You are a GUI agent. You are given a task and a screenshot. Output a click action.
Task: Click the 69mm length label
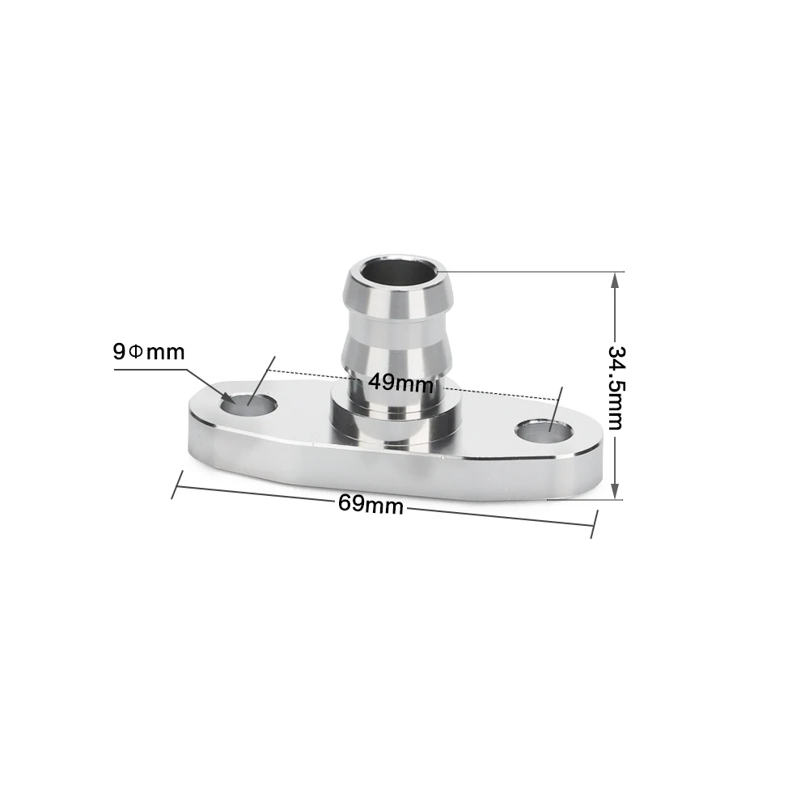(371, 504)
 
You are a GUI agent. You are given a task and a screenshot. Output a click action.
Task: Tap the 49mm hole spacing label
(401, 383)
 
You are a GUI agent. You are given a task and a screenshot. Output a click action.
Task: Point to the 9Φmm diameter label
(149, 352)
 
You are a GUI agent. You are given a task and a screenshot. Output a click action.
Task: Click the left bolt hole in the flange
(248, 404)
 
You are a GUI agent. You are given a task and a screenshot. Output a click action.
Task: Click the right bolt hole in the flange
(545, 432)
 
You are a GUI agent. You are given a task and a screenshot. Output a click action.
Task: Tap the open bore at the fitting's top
(398, 272)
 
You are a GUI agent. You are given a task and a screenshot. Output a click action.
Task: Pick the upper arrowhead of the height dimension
(615, 282)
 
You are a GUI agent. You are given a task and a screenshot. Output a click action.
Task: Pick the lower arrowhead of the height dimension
(615, 491)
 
